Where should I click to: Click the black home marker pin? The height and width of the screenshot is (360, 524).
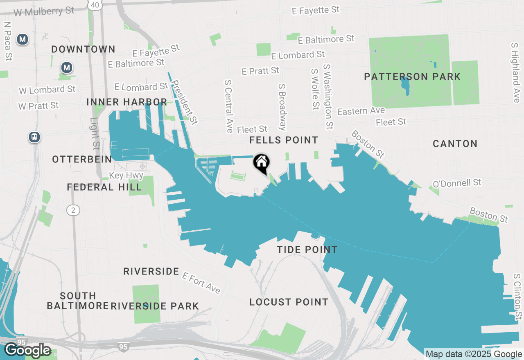point(261,163)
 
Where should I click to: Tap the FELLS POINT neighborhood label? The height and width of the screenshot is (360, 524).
point(284,140)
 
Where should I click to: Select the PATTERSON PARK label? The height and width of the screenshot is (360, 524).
point(412,76)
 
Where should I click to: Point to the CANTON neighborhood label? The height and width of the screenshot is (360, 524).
point(455,144)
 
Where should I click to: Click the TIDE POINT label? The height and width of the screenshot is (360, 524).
point(307,250)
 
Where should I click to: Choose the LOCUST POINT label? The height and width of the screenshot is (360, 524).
point(289,302)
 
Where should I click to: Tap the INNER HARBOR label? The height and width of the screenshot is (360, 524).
point(126,102)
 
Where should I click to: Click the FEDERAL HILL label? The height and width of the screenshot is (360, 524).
point(104,187)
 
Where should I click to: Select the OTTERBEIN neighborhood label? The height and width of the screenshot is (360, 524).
point(82,159)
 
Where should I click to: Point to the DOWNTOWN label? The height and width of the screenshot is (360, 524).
point(83,49)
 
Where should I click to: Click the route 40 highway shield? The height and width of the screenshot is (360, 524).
point(95,5)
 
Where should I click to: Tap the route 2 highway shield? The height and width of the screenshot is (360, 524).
point(73,210)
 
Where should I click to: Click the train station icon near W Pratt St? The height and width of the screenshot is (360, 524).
point(34,137)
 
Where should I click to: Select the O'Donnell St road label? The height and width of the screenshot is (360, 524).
point(457,183)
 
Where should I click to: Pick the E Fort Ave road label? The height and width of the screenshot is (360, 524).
point(201,283)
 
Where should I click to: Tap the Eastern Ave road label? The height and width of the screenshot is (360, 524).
point(361,111)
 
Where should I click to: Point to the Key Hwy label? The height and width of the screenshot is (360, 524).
point(126,175)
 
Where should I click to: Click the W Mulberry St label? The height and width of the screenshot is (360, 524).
point(44,11)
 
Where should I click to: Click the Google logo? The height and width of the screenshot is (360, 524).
point(27,350)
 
